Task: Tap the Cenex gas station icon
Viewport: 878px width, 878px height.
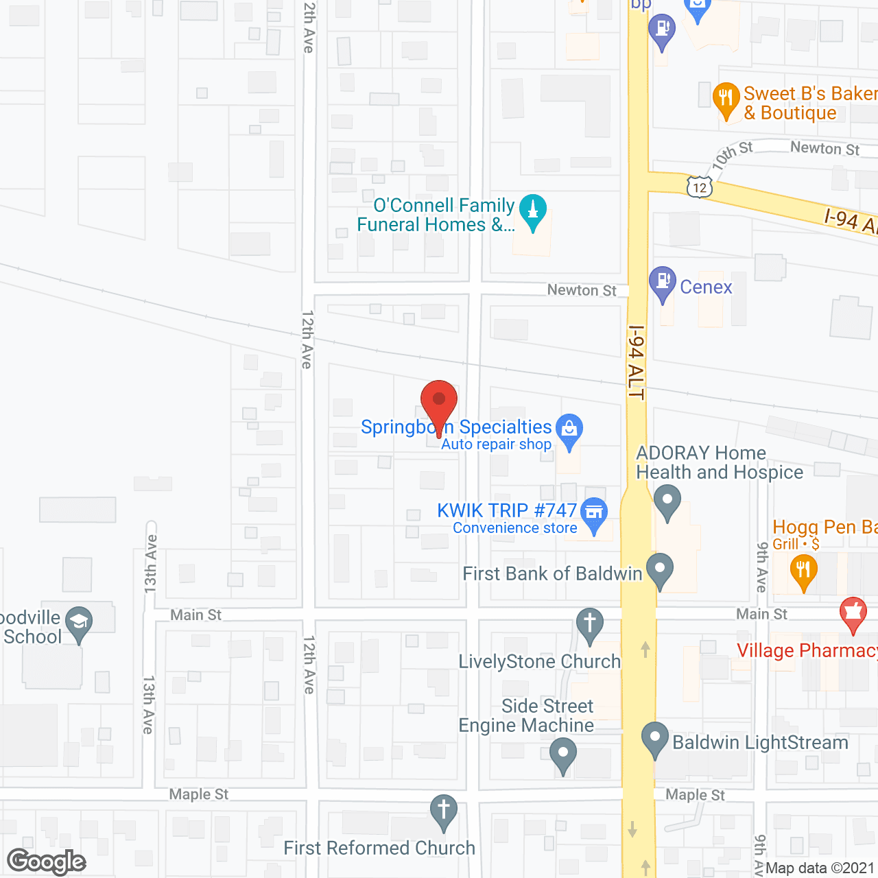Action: click(663, 282)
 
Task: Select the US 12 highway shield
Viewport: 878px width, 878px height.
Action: click(699, 187)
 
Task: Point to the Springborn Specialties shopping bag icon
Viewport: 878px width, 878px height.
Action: click(569, 430)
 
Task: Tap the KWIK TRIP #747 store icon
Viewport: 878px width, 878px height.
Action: click(594, 513)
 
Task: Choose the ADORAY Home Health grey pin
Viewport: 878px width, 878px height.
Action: click(667, 500)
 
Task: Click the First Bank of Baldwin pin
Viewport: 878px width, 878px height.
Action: click(660, 569)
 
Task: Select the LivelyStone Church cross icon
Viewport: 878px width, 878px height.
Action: click(589, 624)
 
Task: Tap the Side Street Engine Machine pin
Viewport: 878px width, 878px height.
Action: click(562, 754)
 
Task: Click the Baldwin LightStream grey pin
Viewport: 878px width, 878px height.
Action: click(654, 739)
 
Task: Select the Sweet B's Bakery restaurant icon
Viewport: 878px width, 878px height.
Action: click(726, 99)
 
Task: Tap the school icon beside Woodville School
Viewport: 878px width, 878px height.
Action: click(80, 623)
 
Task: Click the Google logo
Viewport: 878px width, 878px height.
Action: click(47, 861)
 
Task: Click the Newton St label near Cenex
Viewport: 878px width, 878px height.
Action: click(582, 290)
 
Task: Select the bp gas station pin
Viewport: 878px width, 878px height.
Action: click(662, 30)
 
